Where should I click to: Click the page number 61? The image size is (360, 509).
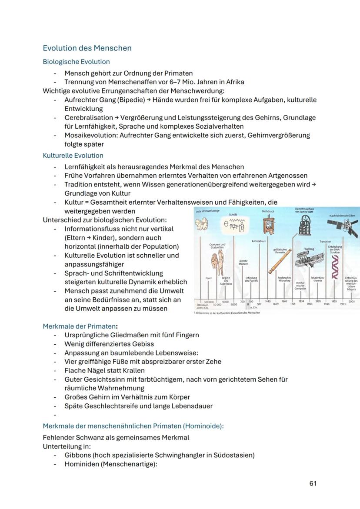pos(313,483)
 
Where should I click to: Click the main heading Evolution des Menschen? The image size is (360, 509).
pos(87,48)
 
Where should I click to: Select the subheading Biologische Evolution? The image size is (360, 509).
pos(76,62)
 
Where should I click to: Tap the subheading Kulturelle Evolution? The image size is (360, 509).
pos(73,156)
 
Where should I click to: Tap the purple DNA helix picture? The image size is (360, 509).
pos(335,266)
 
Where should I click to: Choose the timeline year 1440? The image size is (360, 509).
pos(268,301)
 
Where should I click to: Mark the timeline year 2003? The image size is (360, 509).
pos(351,301)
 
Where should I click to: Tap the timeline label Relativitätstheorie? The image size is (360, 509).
pos(317,279)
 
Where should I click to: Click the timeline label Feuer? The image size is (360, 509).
pos(208,278)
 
